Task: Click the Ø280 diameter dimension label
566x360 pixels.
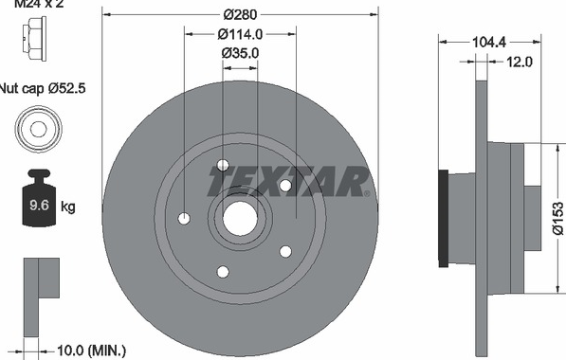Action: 240,15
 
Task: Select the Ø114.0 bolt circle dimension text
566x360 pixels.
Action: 240,34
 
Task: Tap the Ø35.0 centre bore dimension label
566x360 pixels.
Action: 240,53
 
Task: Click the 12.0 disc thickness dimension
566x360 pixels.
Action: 520,62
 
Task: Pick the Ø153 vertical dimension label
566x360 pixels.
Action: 558,218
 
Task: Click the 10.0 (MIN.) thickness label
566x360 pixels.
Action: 91,350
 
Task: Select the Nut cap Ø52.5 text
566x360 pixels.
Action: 43,88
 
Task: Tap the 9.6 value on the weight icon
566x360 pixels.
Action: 39,206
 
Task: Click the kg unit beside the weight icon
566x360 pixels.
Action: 68,207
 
